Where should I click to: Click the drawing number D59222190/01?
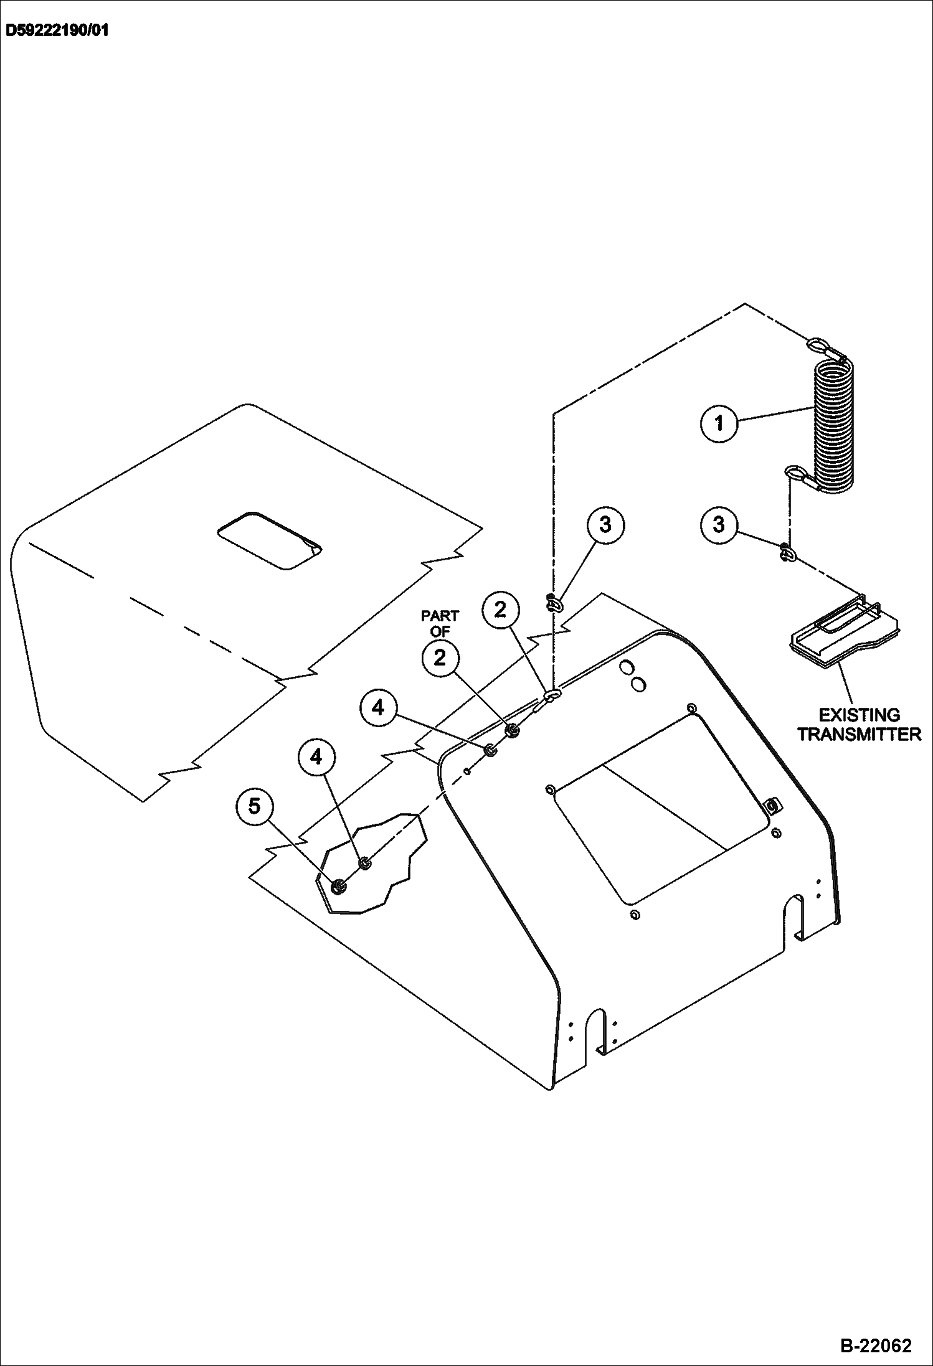pyautogui.click(x=57, y=31)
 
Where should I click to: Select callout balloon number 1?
pyautogui.click(x=719, y=423)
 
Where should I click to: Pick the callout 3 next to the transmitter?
pyautogui.click(x=719, y=525)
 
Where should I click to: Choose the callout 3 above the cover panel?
pyautogui.click(x=605, y=525)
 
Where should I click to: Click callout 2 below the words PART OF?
pyautogui.click(x=440, y=658)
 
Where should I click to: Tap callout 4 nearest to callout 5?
pyautogui.click(x=316, y=757)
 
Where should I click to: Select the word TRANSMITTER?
pyautogui.click(x=859, y=735)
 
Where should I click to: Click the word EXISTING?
pyautogui.click(x=859, y=715)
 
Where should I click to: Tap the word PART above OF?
pyautogui.click(x=440, y=616)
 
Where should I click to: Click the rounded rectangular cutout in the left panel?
pyautogui.click(x=270, y=541)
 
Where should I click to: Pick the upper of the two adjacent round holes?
pyautogui.click(x=626, y=667)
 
